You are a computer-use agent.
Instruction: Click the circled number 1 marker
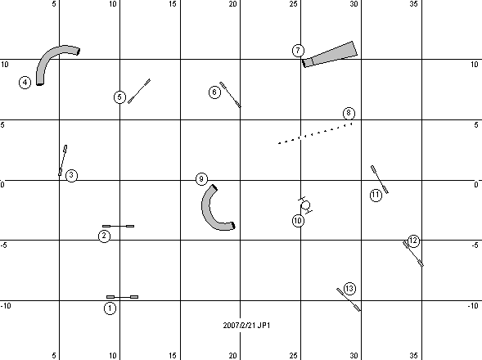110,308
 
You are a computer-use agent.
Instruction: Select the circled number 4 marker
25,83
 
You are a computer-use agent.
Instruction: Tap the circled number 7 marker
298,51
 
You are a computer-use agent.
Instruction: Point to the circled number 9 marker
201,179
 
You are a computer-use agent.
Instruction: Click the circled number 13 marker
349,289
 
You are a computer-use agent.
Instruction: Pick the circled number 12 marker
413,241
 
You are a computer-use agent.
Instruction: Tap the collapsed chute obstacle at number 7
330,55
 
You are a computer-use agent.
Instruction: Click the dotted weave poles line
315,133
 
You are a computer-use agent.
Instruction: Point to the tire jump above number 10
305,205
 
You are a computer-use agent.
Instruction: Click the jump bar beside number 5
139,91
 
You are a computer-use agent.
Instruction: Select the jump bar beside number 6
230,95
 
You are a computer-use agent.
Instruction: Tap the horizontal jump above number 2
119,227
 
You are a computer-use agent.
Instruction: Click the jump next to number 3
63,160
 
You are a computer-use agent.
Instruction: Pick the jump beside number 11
380,179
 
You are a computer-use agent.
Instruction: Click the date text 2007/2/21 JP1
246,326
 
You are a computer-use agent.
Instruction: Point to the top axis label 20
232,4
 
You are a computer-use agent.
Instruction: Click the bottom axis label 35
414,356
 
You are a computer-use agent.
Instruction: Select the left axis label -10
6,305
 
